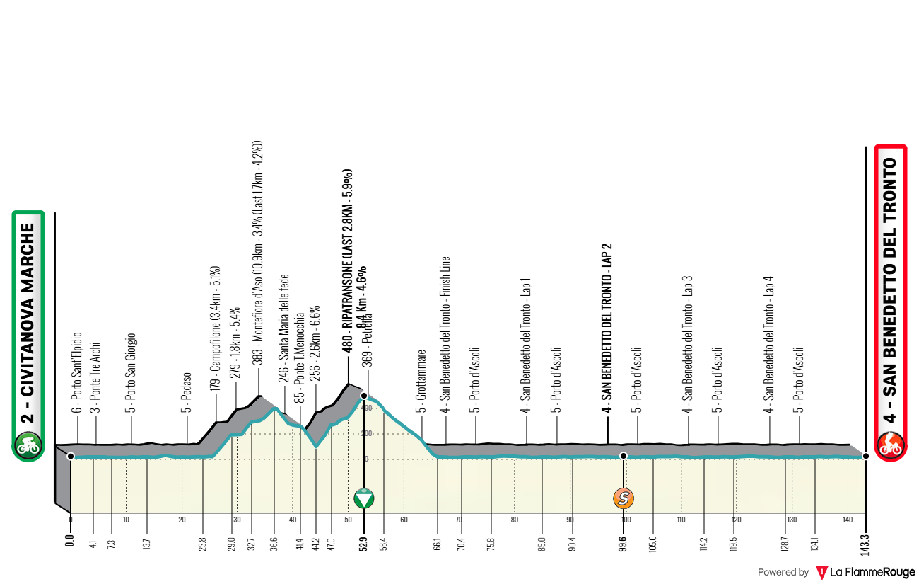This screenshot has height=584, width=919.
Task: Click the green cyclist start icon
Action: [x=28, y=445]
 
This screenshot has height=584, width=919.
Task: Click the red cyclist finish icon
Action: [x=890, y=445]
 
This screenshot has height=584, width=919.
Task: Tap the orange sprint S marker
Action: [x=624, y=498]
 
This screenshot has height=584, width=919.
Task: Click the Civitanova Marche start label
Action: [x=28, y=323]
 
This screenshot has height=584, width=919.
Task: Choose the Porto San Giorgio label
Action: [x=131, y=373]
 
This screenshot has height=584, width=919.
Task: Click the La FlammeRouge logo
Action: [x=865, y=572]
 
